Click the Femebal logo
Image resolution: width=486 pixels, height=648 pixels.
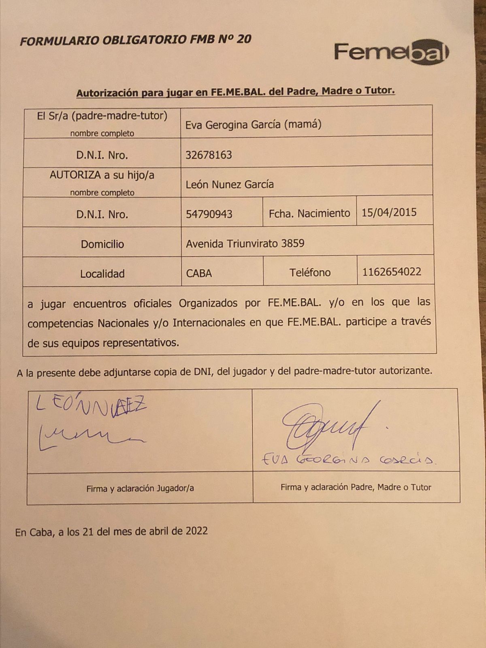click(x=391, y=52)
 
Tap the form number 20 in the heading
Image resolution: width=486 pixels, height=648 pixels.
click(x=243, y=39)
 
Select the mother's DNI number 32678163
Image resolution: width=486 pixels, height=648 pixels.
click(x=209, y=155)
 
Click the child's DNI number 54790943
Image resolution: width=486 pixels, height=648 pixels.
click(x=209, y=214)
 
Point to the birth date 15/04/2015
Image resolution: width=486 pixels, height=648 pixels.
click(x=389, y=213)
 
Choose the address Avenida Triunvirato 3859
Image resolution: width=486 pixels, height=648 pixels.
click(x=245, y=243)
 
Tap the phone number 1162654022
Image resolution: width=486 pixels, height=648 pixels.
click(x=392, y=272)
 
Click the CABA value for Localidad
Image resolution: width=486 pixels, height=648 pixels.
click(x=199, y=273)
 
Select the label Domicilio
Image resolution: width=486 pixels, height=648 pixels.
click(x=102, y=244)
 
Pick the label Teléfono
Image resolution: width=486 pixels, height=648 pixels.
click(x=310, y=273)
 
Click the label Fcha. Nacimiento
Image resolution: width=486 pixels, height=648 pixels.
click(x=309, y=213)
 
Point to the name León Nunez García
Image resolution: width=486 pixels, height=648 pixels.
click(x=230, y=185)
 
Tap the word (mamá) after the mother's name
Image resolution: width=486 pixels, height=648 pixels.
click(x=303, y=124)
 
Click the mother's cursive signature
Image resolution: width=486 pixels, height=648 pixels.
click(x=324, y=425)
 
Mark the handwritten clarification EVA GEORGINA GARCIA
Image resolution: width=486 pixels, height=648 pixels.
click(x=348, y=460)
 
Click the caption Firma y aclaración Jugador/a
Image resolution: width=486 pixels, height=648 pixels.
click(x=140, y=488)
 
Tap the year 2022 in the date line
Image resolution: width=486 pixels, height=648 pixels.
click(x=196, y=531)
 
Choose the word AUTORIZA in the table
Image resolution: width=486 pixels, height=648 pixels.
click(x=75, y=175)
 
